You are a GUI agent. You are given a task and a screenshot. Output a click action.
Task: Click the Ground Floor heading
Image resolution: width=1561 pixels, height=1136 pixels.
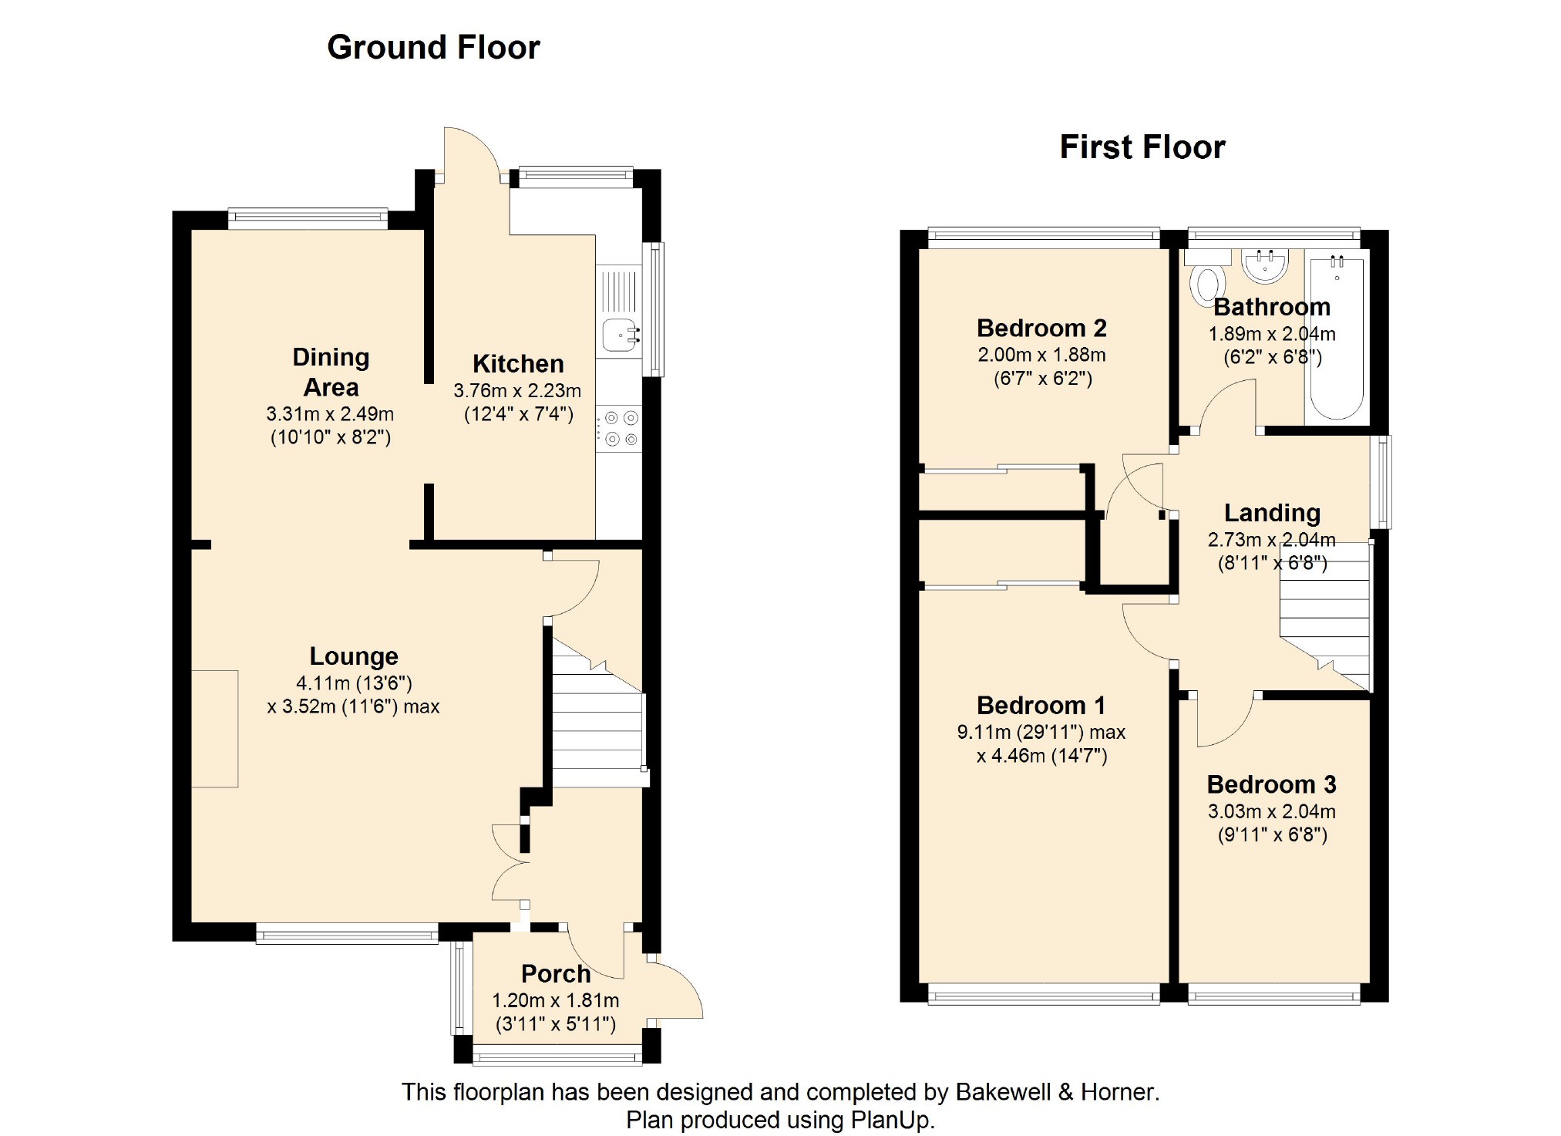click(433, 47)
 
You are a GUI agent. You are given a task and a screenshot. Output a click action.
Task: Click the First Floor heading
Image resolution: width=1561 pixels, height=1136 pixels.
click(1142, 147)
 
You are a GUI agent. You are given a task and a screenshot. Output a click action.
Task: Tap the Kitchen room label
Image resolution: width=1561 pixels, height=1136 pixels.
click(518, 363)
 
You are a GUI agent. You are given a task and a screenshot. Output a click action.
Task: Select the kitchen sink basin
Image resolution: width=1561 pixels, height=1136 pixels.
click(620, 335)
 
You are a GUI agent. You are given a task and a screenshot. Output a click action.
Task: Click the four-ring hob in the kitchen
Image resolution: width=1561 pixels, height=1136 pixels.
click(619, 429)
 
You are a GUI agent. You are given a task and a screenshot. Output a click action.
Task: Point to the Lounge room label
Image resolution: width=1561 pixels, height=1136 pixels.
click(354, 656)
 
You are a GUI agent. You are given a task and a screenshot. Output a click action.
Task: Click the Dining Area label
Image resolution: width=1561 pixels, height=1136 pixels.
click(331, 372)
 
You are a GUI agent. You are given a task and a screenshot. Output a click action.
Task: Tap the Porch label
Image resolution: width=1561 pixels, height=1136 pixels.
click(556, 973)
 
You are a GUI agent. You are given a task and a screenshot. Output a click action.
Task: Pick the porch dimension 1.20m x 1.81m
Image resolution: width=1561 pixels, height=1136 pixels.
click(556, 1000)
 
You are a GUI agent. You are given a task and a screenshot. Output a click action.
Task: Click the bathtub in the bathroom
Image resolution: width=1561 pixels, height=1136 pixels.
click(1337, 337)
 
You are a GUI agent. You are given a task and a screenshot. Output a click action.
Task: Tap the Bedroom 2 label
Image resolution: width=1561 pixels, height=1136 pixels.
click(1041, 328)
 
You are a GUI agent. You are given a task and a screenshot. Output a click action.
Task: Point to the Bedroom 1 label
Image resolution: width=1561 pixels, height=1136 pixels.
click(1041, 705)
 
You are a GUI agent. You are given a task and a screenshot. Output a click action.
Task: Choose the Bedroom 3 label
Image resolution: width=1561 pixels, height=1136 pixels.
click(1271, 784)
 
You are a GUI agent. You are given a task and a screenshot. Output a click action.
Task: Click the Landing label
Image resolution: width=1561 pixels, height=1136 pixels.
click(1272, 513)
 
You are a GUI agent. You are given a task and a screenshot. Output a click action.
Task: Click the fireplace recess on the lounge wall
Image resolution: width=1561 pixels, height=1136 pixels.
click(214, 729)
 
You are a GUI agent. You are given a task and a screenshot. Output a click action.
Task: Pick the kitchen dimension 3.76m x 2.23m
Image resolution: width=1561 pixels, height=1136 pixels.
click(517, 390)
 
